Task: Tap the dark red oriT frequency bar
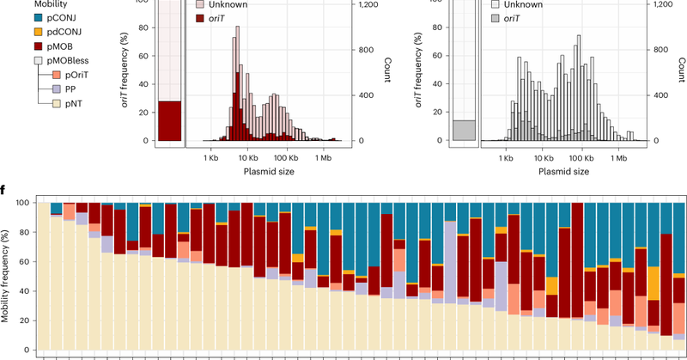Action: tap(169, 120)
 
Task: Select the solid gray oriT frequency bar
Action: tap(464, 130)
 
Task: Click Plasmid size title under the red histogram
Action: tap(264, 172)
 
